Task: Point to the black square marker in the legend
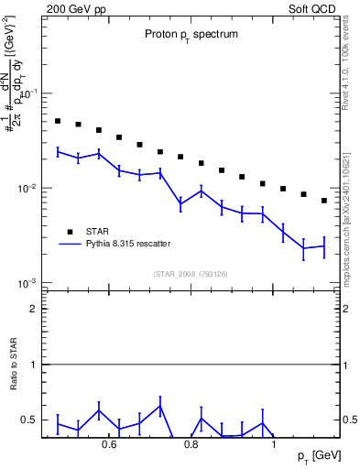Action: pos(70,231)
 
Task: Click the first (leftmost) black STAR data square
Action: pos(57,121)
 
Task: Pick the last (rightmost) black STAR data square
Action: pos(324,201)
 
